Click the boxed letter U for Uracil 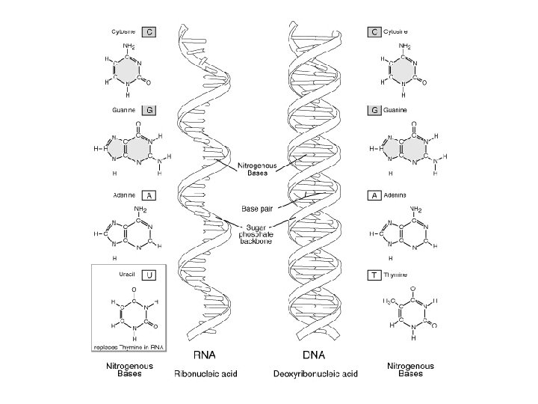click(x=150, y=275)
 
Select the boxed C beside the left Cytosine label click(x=150, y=32)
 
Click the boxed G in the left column click(x=150, y=110)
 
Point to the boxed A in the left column click(x=150, y=195)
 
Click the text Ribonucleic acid click(x=205, y=372)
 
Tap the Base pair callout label click(x=256, y=201)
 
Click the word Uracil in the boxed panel click(x=127, y=275)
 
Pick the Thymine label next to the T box click(x=396, y=275)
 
